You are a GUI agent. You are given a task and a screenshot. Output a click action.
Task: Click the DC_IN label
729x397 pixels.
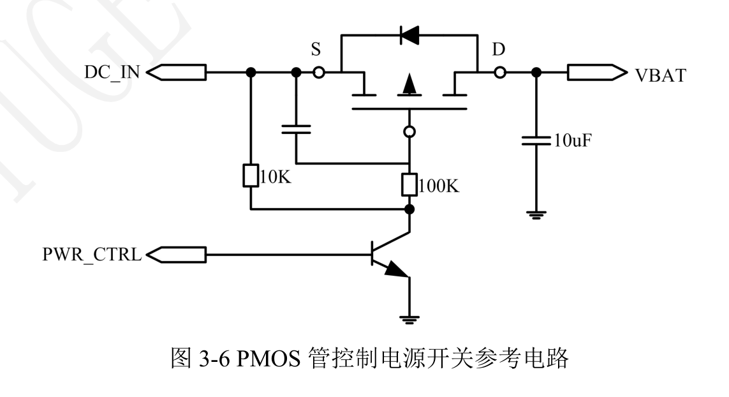(x=111, y=73)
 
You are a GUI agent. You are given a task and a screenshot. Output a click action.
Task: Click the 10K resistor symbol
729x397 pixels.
(x=251, y=177)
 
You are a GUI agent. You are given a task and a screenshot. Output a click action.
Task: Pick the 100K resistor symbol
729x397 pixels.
(x=409, y=185)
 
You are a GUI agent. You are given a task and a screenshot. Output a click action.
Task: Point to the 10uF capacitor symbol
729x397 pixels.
(x=536, y=140)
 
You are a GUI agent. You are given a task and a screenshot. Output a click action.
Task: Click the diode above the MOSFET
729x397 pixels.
(x=409, y=36)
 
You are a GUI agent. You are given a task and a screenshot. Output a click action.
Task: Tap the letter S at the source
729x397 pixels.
(x=316, y=51)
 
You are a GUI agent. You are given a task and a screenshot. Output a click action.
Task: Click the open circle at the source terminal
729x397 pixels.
(x=318, y=73)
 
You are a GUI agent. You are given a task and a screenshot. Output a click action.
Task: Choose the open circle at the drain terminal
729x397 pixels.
(x=500, y=73)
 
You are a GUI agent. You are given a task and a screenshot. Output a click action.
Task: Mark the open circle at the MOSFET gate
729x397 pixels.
(x=409, y=132)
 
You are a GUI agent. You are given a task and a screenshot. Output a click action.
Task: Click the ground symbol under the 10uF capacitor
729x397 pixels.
(x=536, y=216)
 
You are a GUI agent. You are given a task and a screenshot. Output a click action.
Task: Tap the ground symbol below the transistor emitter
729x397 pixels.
(x=409, y=318)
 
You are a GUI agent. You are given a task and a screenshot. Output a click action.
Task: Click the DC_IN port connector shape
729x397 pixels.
(x=176, y=73)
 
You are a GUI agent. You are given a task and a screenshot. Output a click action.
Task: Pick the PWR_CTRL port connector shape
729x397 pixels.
(x=176, y=256)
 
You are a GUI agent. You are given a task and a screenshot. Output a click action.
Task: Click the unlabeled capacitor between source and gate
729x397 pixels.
(x=296, y=130)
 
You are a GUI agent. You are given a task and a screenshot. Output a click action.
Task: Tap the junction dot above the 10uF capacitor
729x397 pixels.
(x=536, y=73)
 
